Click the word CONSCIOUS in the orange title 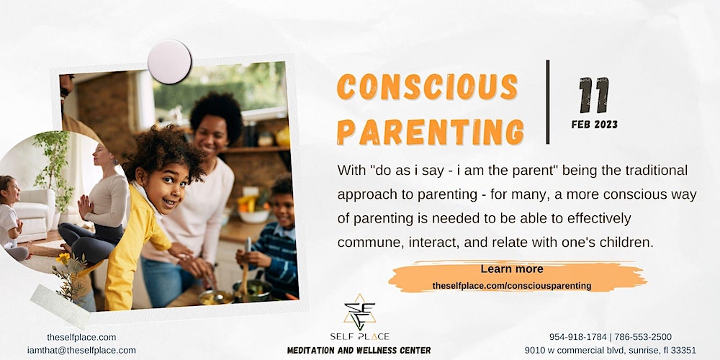427,86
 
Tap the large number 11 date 594,95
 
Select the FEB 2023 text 595,125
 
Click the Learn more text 511,269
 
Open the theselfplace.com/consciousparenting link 511,286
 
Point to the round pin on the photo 169,62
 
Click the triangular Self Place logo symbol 359,312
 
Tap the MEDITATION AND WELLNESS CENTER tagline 359,351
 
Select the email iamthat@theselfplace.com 81,350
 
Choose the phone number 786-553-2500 643,337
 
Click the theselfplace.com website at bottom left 81,337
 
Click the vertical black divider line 547,102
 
